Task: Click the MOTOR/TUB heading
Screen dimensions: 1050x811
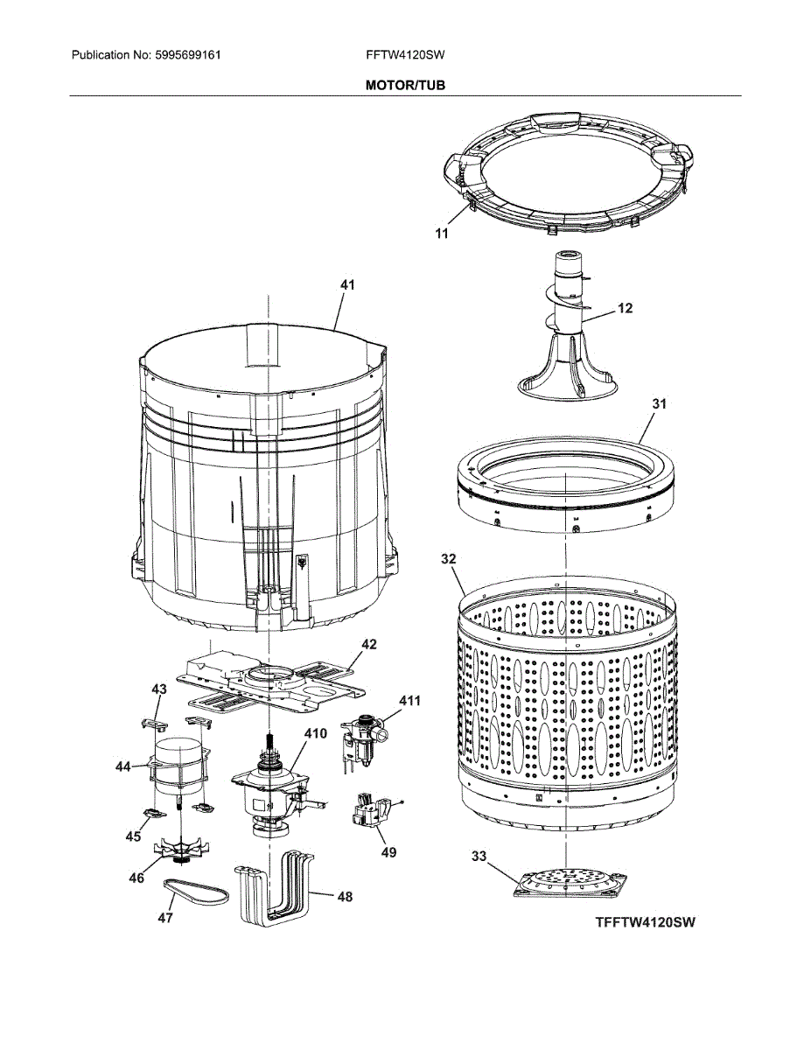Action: [x=405, y=86]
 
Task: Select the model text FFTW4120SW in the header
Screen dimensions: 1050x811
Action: [x=406, y=55]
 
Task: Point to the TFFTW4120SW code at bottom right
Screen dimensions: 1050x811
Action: [x=646, y=922]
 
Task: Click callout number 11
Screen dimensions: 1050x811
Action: [x=442, y=233]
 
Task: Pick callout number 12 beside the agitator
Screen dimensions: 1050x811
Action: [x=625, y=308]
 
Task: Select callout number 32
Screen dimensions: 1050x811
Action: [x=449, y=557]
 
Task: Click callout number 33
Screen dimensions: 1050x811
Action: [x=479, y=857]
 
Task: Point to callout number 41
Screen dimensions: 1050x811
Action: [x=348, y=285]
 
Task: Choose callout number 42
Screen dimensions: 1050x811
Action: [x=368, y=644]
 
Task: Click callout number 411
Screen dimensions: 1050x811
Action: [x=409, y=701]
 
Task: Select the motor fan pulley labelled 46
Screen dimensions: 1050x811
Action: [x=182, y=849]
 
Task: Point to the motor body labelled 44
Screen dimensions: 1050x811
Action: [x=178, y=766]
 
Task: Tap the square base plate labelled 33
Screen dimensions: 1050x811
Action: [x=570, y=881]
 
